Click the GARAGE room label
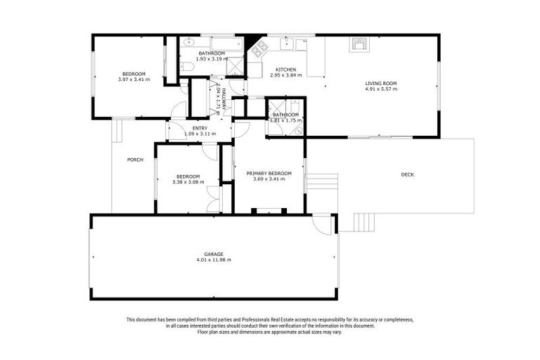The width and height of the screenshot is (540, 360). click(213, 254)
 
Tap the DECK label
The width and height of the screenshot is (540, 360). click(407, 174)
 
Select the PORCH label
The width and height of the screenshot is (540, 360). click(135, 160)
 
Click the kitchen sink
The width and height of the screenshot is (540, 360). click(288, 44)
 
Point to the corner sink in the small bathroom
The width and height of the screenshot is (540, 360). click(299, 129)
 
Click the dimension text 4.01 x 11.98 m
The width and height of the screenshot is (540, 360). click(213, 260)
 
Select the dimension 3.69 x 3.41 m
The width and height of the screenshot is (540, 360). click(268, 179)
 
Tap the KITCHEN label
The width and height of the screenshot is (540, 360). click(285, 70)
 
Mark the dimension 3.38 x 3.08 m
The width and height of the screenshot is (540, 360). click(188, 182)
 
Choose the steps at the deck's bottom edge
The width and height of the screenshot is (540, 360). click(364, 222)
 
